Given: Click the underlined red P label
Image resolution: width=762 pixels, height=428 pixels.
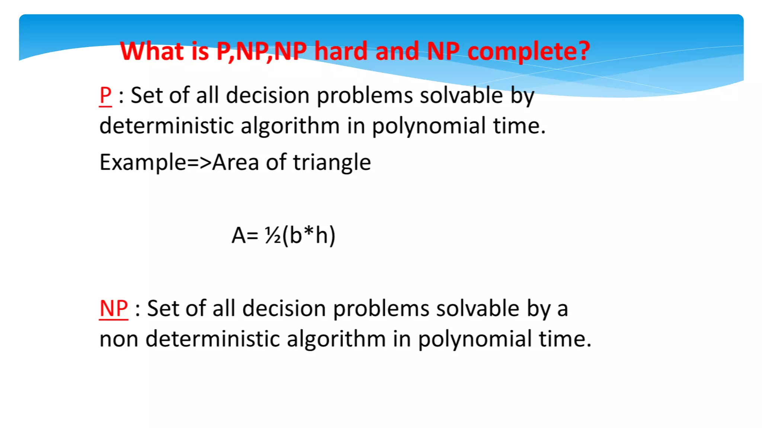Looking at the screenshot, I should [x=105, y=95].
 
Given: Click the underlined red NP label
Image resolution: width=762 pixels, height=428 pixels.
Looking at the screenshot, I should [x=113, y=308].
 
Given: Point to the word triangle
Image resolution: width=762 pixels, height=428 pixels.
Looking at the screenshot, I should [x=332, y=162].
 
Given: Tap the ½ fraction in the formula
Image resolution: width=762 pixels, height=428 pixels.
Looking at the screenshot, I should [x=273, y=235].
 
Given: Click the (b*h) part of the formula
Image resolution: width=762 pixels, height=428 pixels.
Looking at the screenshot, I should [x=309, y=235].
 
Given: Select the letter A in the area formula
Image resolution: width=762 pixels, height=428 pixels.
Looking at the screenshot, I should [x=238, y=235].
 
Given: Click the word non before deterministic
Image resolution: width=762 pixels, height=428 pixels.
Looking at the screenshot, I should [x=119, y=339].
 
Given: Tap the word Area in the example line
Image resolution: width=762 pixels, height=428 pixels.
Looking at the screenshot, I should [x=235, y=162].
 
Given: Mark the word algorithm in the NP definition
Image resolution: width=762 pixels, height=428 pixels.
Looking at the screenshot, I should [x=336, y=339].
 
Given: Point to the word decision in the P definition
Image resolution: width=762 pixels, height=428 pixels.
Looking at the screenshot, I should [x=268, y=95].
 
